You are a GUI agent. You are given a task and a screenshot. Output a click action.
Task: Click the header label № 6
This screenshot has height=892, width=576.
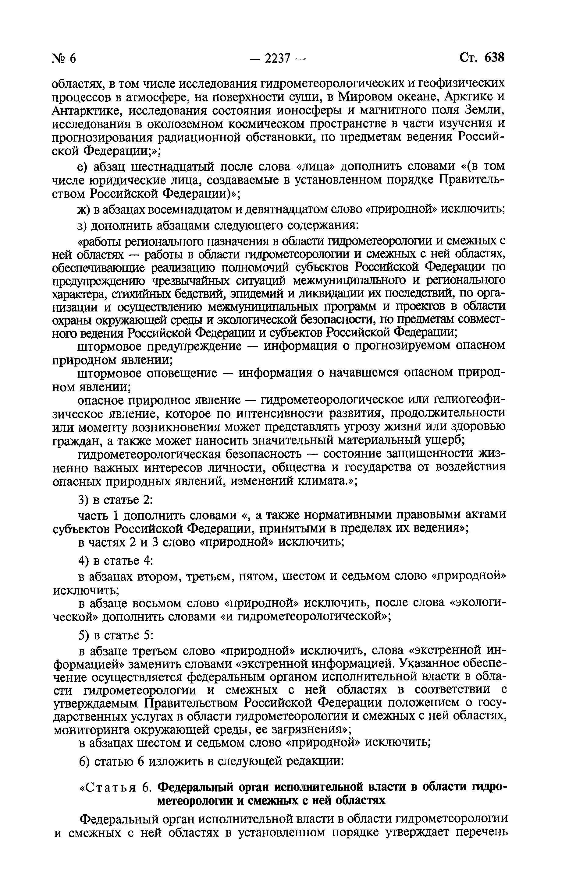pos(64,59)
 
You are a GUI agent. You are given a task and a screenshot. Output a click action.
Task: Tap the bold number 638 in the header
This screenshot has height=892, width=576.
pos(494,58)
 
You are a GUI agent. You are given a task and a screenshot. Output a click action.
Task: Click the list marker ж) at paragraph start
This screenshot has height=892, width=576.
pos(84,210)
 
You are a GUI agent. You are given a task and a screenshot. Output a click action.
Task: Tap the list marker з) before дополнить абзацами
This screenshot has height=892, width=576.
pos(83,226)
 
